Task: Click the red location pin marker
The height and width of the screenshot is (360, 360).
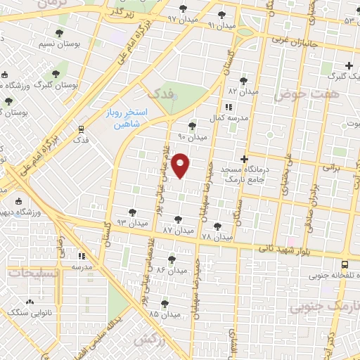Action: (181, 165)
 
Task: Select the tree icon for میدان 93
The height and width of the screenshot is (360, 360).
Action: (132, 212)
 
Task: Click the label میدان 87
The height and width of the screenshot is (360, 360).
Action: (177, 230)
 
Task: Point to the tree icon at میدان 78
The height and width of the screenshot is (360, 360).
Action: (217, 226)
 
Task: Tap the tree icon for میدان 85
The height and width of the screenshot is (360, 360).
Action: (164, 304)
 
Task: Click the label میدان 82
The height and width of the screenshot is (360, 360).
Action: (243, 91)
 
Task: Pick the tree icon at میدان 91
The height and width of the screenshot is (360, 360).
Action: (222, 14)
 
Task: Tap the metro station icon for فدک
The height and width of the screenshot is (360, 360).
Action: (82, 129)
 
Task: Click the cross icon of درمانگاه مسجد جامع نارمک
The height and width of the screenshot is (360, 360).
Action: (244, 160)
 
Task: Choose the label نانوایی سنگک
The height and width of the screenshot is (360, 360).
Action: (37, 311)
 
